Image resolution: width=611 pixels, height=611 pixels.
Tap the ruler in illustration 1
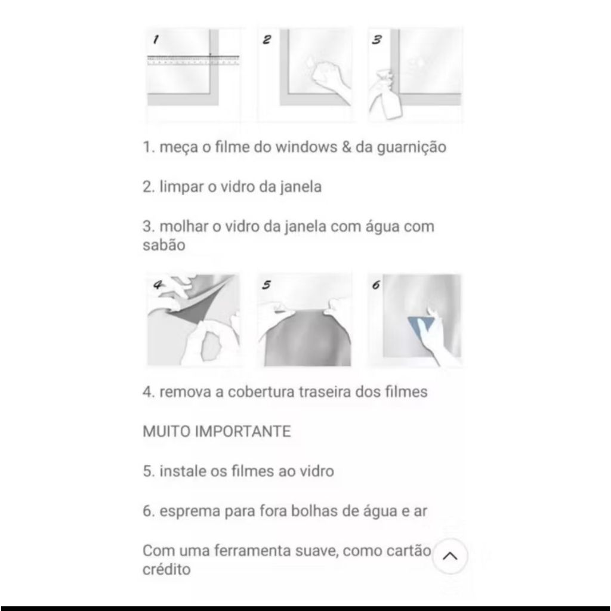[x=193, y=60]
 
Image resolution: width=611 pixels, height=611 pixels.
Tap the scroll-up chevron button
[x=450, y=556]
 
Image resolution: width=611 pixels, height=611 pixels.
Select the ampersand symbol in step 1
[x=347, y=147]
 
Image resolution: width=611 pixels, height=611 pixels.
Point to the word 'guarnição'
[x=411, y=148]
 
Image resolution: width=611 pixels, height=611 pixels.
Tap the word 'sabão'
[x=164, y=245]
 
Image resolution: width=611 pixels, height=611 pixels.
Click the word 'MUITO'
[x=166, y=431]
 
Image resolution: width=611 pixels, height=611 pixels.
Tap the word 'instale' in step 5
[x=183, y=471]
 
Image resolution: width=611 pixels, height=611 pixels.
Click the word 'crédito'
[x=167, y=569]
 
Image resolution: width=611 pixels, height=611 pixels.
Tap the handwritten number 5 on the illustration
[x=267, y=285]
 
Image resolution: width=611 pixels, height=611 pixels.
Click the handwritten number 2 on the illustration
[x=267, y=40]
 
